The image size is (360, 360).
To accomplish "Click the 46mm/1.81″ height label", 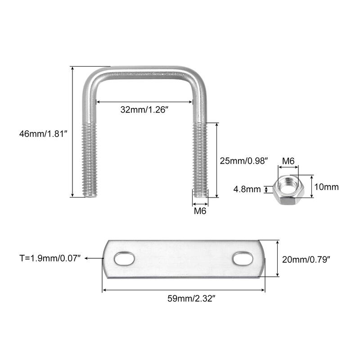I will coord(43,134).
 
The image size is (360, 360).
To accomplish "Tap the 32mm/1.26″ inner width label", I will coord(144,109).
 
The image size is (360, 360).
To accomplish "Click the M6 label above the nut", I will coord(288,161).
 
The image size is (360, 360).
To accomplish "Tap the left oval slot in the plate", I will coord(124,259).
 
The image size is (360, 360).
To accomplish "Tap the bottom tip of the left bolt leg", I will coord(90,194).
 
